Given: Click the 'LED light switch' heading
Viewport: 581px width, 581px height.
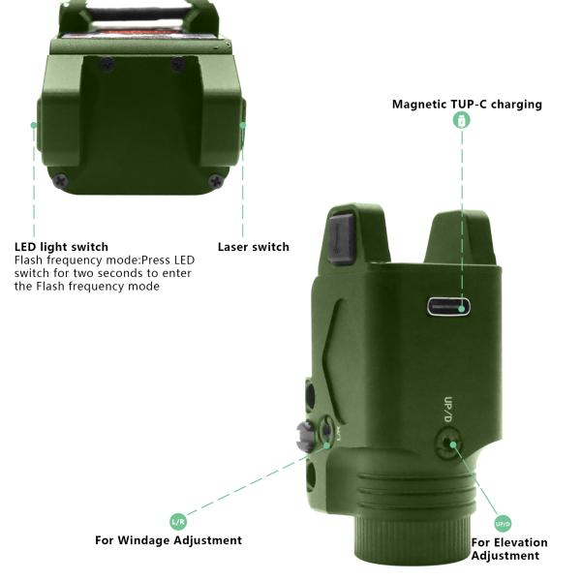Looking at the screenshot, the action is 62,247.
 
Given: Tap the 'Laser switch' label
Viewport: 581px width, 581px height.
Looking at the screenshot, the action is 254,247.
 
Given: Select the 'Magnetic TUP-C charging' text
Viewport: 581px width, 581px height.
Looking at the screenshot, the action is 467,105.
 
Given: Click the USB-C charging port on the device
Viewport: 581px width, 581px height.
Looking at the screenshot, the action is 448,307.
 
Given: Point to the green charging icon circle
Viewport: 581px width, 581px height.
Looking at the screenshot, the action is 462,120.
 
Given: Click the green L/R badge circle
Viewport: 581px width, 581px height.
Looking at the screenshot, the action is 178,521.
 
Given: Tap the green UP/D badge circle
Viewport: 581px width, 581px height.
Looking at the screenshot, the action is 503,524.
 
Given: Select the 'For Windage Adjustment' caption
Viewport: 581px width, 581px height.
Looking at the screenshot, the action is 168,540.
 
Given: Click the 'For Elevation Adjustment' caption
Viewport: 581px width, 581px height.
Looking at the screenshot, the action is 509,549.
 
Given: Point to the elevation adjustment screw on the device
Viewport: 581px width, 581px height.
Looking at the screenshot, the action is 448,443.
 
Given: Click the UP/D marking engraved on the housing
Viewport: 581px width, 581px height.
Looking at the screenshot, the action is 448,410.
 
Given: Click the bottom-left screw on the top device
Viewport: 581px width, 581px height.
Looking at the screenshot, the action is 60,181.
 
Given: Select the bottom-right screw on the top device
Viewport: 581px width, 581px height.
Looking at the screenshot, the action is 215,181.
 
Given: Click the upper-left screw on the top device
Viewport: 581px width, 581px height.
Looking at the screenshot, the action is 107,64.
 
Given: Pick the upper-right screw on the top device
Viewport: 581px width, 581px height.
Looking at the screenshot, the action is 178,65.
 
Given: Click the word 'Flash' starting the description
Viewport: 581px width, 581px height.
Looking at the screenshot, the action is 28,260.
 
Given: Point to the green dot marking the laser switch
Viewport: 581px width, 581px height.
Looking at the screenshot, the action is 243,125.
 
